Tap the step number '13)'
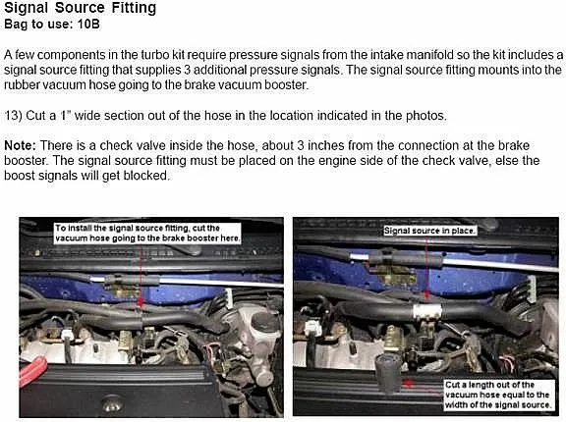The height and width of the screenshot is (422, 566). point(14,115)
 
